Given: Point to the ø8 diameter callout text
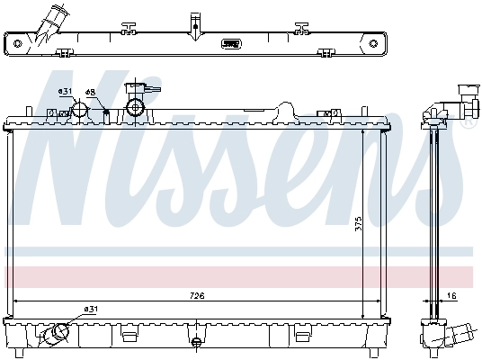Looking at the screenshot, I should pos(90,92).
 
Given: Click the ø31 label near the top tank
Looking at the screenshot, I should pos(64,92).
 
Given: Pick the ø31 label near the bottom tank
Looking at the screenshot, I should pos(90,310).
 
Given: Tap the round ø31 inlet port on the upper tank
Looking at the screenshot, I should pos(79,111).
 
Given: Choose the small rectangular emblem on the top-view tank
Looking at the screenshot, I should pos(232,41).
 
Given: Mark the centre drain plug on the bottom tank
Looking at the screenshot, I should pos(195,341).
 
